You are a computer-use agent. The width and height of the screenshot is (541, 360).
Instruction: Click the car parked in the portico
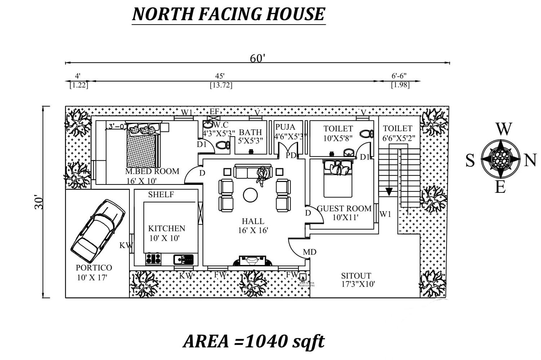pos(98,231)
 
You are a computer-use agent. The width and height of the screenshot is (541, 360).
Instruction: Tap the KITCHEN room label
pos(167,228)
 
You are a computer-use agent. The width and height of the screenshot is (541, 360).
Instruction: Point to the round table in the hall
pos(250,195)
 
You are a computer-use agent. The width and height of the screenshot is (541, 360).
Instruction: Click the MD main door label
pos(310,252)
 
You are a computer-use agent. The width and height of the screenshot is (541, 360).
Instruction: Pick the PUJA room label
pos(285,127)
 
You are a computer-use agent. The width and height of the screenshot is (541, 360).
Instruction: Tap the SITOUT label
pos(356,276)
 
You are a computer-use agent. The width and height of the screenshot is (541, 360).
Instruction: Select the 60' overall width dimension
pos(257,58)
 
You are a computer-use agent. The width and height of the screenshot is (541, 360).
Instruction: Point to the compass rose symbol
pos(500,159)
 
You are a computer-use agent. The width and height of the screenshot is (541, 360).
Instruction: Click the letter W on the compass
pos(504,129)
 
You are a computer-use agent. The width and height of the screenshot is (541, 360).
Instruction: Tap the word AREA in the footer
pos(206,341)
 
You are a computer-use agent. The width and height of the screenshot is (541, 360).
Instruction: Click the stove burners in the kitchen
pos(153,259)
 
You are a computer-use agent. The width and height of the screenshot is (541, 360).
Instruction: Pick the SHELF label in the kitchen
pos(161,195)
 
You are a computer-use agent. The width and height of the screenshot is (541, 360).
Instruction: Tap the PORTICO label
pos(94,268)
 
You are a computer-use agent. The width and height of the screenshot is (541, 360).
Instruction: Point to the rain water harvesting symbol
pos(303,277)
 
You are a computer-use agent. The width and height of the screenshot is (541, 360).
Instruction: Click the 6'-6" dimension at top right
pos(399,76)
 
